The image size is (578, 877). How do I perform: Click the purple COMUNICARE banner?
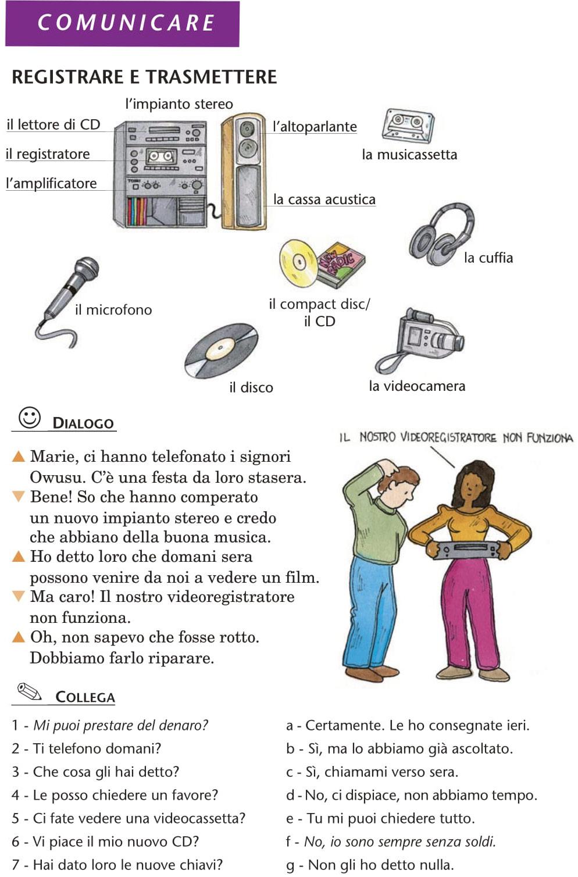point(122,23)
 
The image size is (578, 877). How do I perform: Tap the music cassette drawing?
point(408,125)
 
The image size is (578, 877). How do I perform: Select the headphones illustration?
point(442,236)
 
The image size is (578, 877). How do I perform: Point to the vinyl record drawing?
point(220,351)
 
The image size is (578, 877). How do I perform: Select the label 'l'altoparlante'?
point(315,127)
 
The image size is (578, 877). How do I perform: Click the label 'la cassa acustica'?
point(324,199)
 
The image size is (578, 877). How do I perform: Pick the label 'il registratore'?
point(48,154)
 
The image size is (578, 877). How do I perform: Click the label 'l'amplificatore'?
point(51,183)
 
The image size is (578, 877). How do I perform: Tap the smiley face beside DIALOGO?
point(29,418)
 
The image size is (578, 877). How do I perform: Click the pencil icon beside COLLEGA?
point(30,691)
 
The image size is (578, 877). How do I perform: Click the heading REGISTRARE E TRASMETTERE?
point(144,77)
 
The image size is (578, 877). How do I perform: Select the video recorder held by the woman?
point(469,549)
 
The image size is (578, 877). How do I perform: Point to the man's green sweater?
point(378,523)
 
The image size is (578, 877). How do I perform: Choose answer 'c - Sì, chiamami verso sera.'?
point(372,772)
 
